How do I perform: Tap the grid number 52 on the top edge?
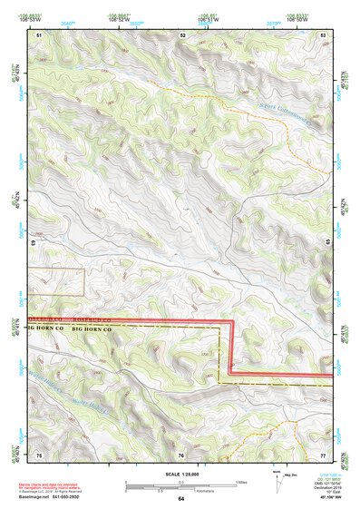tap(182, 34)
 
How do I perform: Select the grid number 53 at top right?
tap(323, 34)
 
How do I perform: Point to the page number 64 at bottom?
tap(181, 499)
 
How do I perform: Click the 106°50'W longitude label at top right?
tap(295, 17)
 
